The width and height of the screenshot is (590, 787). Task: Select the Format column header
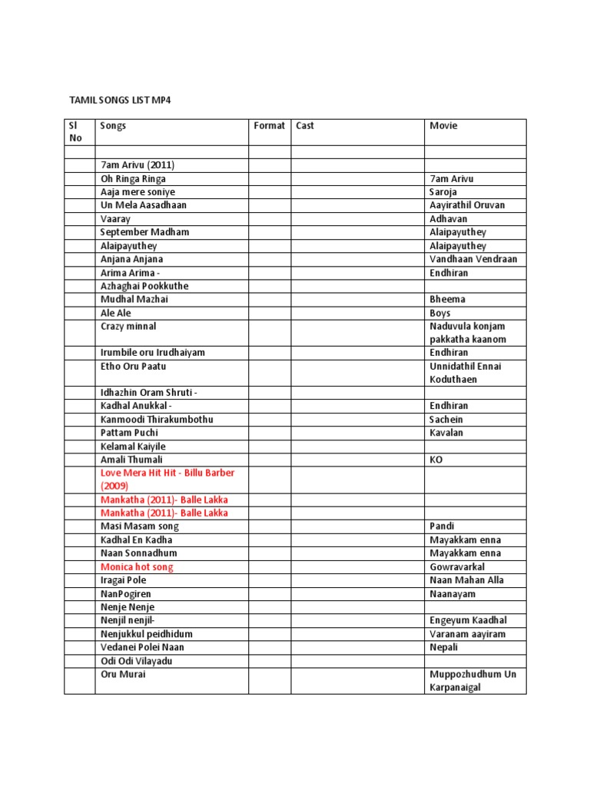pyautogui.click(x=269, y=126)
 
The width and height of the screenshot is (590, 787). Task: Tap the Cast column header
pyautogui.click(x=305, y=126)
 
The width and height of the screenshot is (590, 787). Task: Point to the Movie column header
pyautogui.click(x=443, y=126)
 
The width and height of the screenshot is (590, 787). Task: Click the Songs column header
pyautogui.click(x=113, y=126)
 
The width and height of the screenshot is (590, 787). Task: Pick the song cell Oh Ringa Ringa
pyautogui.click(x=133, y=179)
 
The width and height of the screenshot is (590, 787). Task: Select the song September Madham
pyautogui.click(x=144, y=232)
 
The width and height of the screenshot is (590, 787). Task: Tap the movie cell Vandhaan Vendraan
pyautogui.click(x=473, y=259)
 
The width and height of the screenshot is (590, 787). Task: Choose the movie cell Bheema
pyautogui.click(x=447, y=299)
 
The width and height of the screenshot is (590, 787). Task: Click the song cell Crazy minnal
pyautogui.click(x=128, y=326)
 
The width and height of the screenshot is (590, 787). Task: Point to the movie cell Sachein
pyautogui.click(x=446, y=420)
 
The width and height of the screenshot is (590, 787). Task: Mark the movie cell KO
pyautogui.click(x=436, y=460)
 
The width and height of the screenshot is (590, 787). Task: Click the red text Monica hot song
pyautogui.click(x=137, y=567)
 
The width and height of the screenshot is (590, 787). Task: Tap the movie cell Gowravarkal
pyautogui.click(x=457, y=567)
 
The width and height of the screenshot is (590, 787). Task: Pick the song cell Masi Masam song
pyautogui.click(x=139, y=526)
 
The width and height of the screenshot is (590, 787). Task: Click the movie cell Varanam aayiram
pyautogui.click(x=467, y=634)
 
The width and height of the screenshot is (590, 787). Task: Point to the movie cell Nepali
pyautogui.click(x=445, y=647)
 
